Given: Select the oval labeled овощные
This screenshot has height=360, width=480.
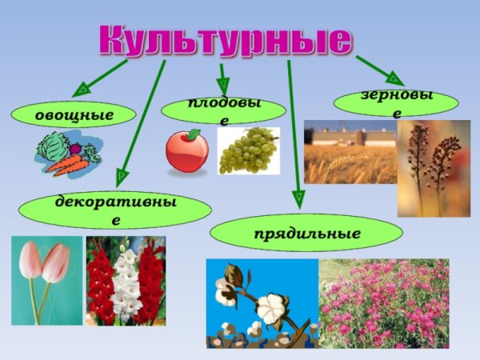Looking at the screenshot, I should point(74,115).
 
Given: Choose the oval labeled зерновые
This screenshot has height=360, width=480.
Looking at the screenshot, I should point(396,102).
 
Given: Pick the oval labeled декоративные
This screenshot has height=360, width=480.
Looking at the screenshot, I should point(115,209).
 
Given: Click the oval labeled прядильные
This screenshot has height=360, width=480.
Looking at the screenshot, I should point(306,234).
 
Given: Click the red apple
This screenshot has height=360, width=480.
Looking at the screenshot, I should point(186,150).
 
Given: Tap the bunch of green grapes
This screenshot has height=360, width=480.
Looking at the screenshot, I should point(248,151).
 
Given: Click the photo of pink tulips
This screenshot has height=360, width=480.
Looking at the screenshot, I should point(46,280).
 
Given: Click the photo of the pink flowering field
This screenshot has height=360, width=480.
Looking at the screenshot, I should point(384,302).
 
